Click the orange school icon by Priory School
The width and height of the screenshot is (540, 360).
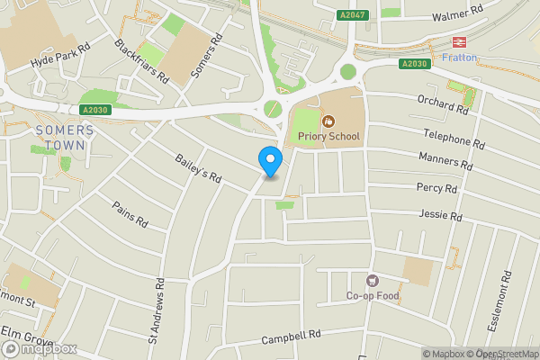pyautogui.click(x=328, y=120)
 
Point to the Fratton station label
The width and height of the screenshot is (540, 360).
pyautogui.click(x=460, y=58)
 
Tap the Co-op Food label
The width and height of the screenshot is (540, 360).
pyautogui.click(x=373, y=296)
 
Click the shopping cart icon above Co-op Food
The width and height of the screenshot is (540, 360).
pyautogui.click(x=373, y=280)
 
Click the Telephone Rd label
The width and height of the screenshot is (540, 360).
pyautogui.click(x=454, y=137)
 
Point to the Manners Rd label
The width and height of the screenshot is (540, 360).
pyautogui.click(x=445, y=161)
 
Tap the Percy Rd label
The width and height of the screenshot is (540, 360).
pyautogui.click(x=438, y=187)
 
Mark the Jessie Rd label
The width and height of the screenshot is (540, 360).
pyautogui.click(x=440, y=215)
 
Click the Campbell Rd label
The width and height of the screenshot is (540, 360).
pyautogui.click(x=292, y=338)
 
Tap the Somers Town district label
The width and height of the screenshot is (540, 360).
pyautogui.click(x=63, y=137)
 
